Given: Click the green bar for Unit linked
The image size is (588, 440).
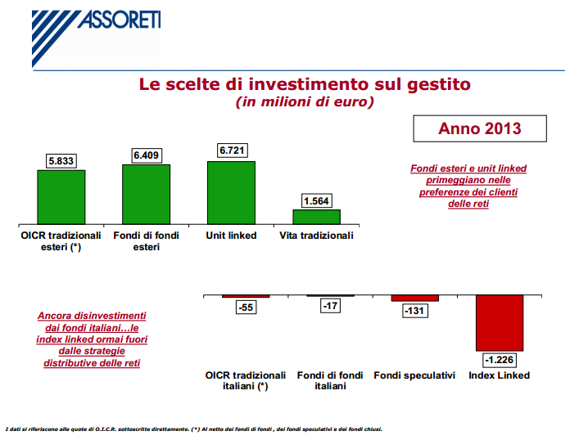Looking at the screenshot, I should click(231, 192).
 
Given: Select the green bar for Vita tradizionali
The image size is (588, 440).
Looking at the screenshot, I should click(316, 217).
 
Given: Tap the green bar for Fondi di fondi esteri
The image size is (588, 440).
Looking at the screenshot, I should click(146, 194).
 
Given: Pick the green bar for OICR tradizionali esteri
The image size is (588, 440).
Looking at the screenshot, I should click(61, 196).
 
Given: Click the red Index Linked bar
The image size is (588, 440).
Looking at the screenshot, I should click(499, 322).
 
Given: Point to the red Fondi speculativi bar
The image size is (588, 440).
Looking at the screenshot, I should click(414, 299).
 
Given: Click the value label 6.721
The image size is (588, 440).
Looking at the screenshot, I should click(231, 150).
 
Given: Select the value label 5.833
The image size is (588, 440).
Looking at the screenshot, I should click(61, 161).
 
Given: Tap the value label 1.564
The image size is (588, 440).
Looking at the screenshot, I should click(316, 200).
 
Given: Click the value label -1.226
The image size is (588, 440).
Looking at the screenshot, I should click(499, 360).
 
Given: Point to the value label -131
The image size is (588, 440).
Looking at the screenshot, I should click(414, 311).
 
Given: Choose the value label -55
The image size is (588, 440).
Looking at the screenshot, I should click(246, 308).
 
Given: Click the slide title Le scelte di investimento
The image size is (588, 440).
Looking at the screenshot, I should click(304, 84).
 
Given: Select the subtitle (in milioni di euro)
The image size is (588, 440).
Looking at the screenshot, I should click(304, 102).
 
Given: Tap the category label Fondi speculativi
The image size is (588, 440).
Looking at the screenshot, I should click(414, 375).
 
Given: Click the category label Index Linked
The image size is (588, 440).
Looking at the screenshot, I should click(499, 375).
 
